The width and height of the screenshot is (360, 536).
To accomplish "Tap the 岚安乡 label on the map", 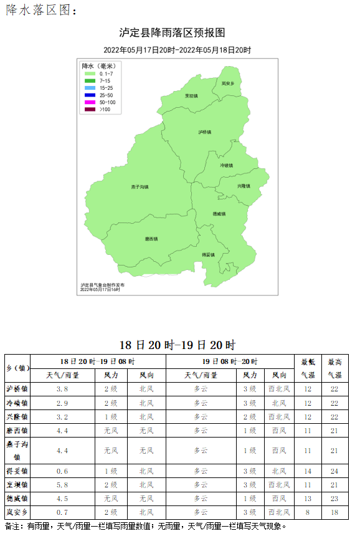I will [x=227, y=83].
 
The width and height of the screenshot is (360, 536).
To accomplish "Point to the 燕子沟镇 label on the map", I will [x=140, y=187].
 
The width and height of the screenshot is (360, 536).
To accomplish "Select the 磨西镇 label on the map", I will [x=151, y=239].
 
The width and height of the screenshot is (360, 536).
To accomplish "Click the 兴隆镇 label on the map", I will [x=244, y=186].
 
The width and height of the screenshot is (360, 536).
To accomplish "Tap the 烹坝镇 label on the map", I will [x=191, y=96].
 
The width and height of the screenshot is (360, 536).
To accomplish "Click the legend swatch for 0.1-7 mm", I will [x=90, y=74].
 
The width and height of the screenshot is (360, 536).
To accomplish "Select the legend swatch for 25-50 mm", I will [x=90, y=95].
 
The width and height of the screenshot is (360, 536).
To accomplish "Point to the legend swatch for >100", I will [x=90, y=109].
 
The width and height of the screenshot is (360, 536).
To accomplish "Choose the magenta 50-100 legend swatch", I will [x=90, y=102].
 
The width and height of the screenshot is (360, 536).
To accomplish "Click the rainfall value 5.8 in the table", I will [x=62, y=484].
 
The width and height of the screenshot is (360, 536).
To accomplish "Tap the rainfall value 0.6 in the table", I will [x=62, y=471].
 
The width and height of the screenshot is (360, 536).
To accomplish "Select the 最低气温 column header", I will [x=308, y=368].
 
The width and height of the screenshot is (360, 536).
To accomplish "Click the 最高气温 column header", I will [x=334, y=368].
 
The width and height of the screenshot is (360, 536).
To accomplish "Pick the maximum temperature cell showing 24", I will [x=334, y=471].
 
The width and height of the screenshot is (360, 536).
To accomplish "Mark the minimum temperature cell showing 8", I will [x=308, y=512].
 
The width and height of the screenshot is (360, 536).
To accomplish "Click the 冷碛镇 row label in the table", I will [x=17, y=403].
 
